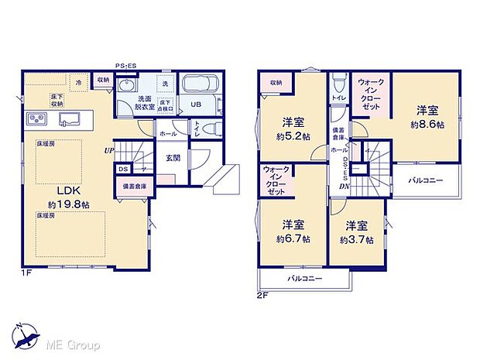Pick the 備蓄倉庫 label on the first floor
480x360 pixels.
point(132,186)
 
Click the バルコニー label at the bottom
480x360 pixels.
point(304,278)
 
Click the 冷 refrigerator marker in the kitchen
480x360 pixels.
point(78,81)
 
